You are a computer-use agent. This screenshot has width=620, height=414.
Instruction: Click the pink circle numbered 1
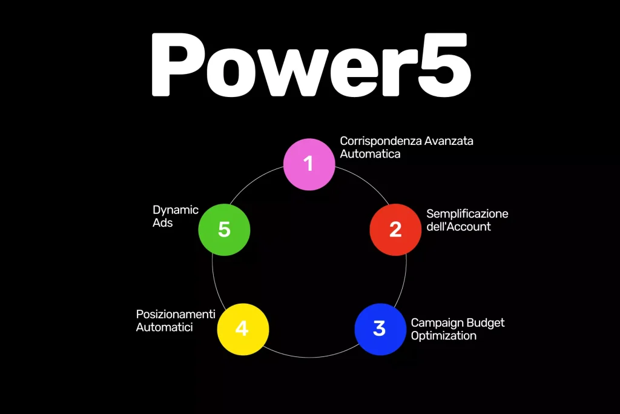coord(309,163)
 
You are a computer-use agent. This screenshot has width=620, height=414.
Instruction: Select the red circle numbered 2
coord(395,230)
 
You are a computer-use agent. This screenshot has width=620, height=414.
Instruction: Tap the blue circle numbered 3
coord(380,329)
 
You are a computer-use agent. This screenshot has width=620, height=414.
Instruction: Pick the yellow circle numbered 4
coord(242,329)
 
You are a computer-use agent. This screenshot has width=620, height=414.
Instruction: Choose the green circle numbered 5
coord(224,230)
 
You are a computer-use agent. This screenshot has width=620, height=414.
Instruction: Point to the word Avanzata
coord(449,141)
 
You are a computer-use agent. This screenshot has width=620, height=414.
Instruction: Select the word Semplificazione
coord(467,214)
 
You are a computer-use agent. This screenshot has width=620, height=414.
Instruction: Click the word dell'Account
coord(458,227)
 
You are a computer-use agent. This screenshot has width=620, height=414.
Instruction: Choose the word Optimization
coord(443,335)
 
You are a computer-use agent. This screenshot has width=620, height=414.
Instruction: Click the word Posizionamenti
coord(176,314)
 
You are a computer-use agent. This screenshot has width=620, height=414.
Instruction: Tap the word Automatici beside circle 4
coord(164,327)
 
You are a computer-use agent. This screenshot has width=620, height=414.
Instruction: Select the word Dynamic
coord(176,210)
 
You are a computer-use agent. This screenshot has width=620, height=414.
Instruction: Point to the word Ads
coord(162,223)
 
